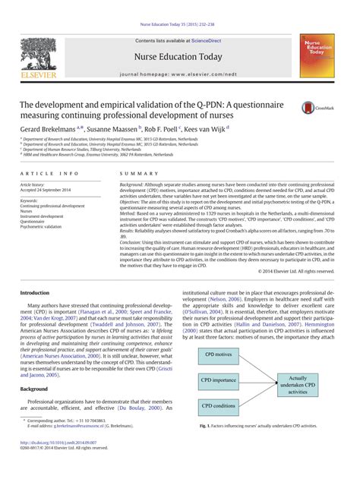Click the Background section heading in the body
pyautogui.click(x=33, y=388)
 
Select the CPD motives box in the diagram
pyautogui.click(x=218, y=354)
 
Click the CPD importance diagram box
pyautogui.click(x=219, y=380)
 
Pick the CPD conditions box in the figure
pyautogui.click(x=219, y=406)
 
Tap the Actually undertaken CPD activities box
pyautogui.click(x=298, y=384)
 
